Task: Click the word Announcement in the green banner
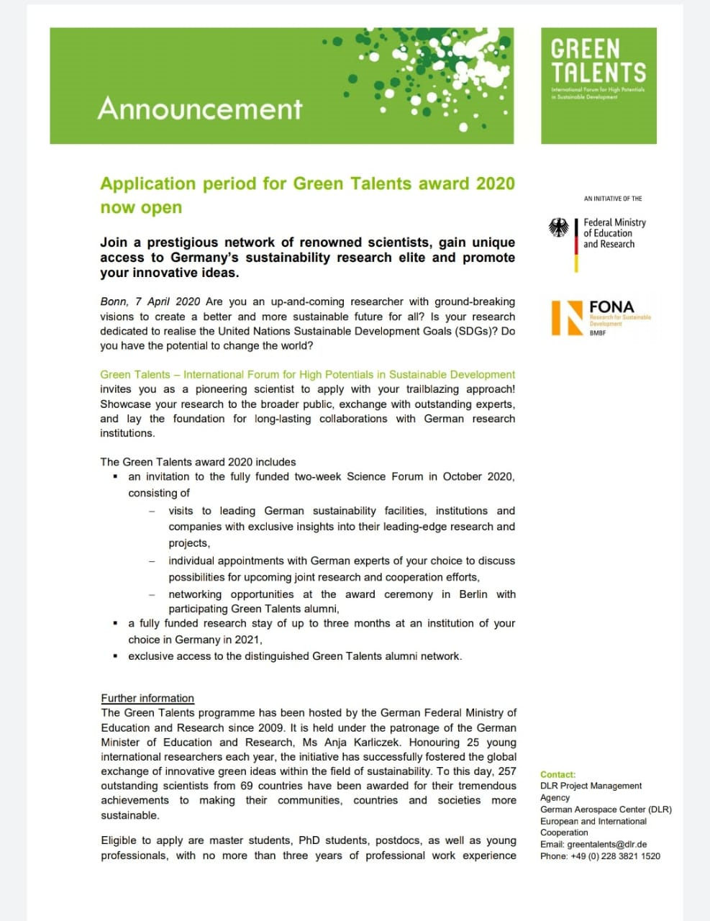pos(200,109)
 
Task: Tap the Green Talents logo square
pos(599,85)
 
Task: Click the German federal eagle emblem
pos(559,228)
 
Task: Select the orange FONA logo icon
pos(567,317)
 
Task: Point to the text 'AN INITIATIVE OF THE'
pos(613,199)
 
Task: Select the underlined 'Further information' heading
pos(147,698)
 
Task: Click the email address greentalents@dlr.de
pos(606,845)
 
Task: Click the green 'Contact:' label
pos(557,775)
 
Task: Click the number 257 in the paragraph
pos(507,771)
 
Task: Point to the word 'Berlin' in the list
pos(473,594)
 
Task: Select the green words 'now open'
pos(141,208)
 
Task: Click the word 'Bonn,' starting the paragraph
pos(114,301)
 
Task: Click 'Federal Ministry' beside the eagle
pos(614,222)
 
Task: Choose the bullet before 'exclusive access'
pos(115,656)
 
